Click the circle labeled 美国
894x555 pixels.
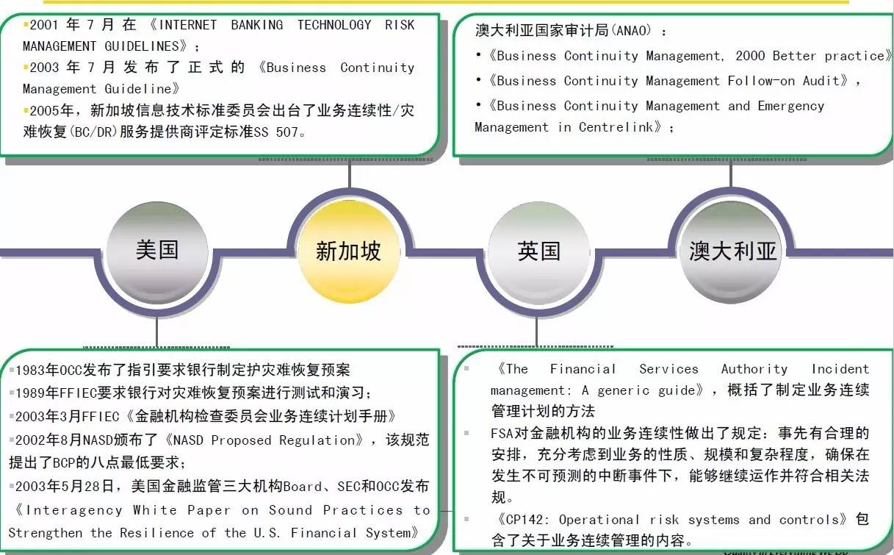(x=157, y=251)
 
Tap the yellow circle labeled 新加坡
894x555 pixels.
(x=348, y=252)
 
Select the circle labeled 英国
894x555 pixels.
(x=538, y=252)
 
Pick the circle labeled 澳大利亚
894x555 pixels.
(x=732, y=252)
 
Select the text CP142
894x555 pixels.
(x=522, y=520)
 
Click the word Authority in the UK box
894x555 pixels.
(x=754, y=369)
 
